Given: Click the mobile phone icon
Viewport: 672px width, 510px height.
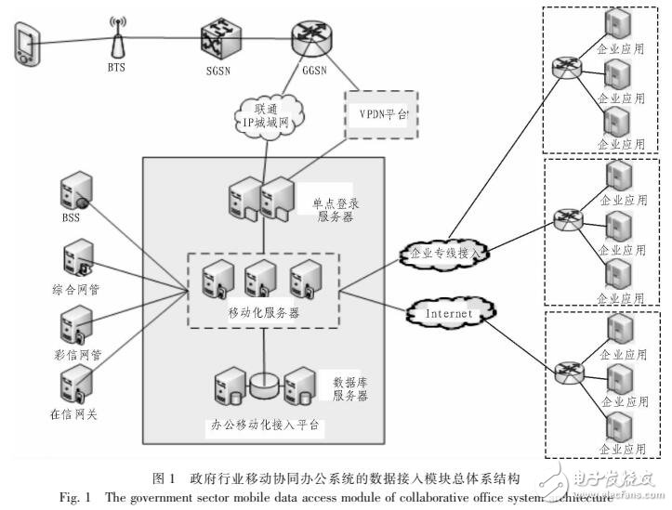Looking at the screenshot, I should point(25,46).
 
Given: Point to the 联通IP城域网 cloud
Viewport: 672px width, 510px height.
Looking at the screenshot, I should point(263,117).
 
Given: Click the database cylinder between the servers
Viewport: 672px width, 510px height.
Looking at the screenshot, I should point(264,381).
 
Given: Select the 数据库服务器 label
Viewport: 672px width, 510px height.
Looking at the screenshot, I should point(350,387).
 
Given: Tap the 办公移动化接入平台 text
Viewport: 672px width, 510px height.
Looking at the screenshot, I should point(264,426).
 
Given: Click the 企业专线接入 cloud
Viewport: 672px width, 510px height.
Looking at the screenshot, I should point(446,251).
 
